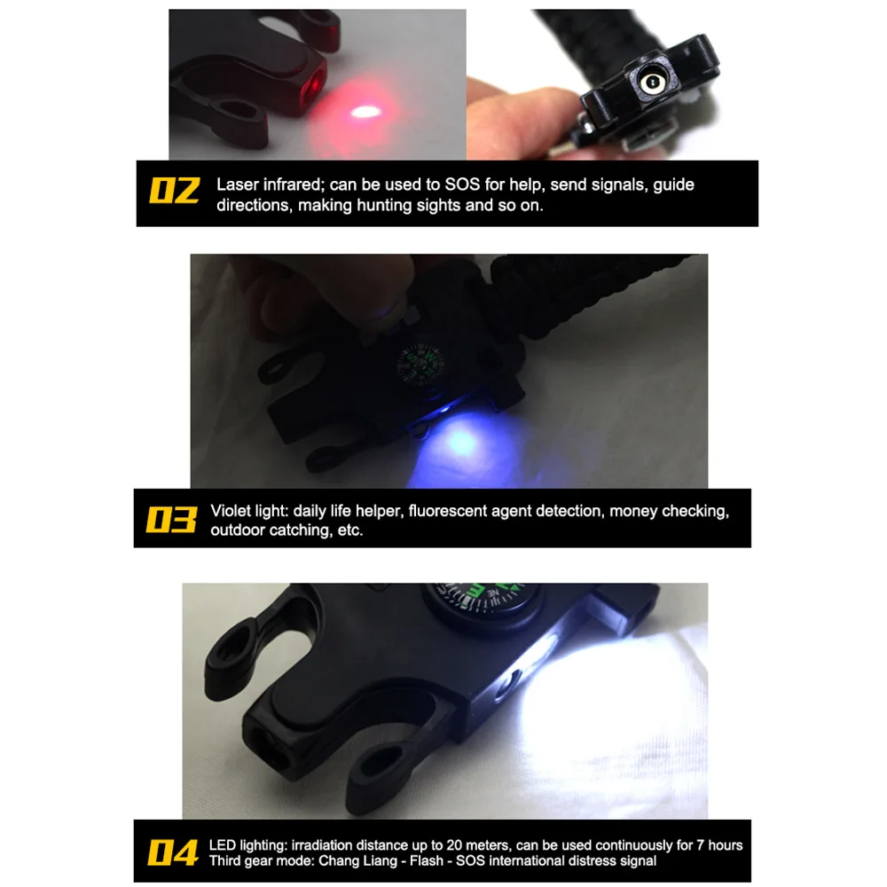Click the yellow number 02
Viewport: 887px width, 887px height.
[x=174, y=190]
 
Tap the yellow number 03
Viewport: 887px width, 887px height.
[x=171, y=519]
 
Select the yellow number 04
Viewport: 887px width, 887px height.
[x=173, y=852]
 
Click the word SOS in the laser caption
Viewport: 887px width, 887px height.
[x=462, y=184]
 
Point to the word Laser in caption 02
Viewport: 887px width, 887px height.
[x=238, y=184]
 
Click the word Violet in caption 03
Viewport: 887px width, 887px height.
[x=230, y=511]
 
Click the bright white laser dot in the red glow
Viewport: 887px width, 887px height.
[x=365, y=112]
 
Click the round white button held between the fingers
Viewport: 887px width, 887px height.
[x=652, y=82]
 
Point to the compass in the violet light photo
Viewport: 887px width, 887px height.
[x=420, y=366]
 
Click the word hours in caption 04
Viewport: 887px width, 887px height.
[x=726, y=845]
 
